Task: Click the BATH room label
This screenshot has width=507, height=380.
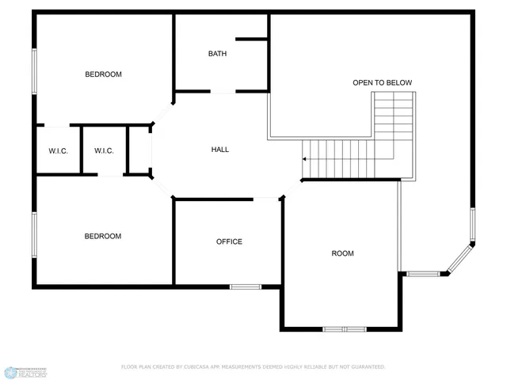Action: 217,54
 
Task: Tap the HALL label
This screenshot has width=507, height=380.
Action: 220,149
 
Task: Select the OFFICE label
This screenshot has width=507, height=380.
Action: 229,241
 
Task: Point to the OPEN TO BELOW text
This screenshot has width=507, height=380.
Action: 382,82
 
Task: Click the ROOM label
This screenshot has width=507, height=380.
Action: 342,253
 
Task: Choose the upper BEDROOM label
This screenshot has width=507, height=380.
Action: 103,74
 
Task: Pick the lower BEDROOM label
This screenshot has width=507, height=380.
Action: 103,236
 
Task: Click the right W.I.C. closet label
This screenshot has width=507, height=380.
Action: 105,151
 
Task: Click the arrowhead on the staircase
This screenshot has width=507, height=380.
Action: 304,158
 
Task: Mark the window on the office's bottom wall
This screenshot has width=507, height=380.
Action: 246,286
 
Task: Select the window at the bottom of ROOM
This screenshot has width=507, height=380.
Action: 345,329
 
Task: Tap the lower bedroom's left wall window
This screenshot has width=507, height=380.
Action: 34,234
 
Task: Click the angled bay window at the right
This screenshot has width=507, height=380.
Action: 460,259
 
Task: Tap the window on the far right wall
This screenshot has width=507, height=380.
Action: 472,225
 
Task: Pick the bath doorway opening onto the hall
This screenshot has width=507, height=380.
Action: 223,92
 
